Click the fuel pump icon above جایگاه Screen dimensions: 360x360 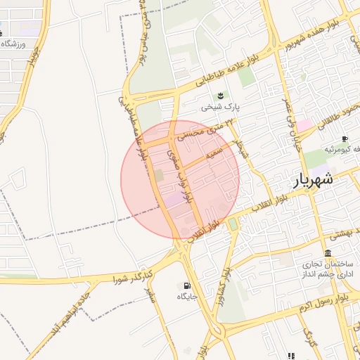[x=186, y=285]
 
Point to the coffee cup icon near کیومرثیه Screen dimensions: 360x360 [x=345, y=139]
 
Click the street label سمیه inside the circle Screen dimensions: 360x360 [x=214, y=153]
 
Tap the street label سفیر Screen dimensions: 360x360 [x=150, y=295]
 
